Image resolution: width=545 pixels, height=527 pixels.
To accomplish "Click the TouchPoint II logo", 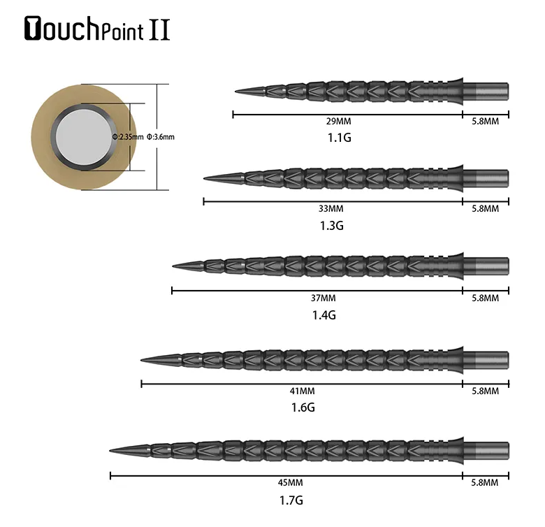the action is pos(97,29).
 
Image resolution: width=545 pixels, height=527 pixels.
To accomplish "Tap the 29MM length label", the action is pos(339,122).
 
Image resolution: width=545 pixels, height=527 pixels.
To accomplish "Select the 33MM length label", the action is pos(331,208).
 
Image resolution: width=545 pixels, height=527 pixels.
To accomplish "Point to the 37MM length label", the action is pos(324,298).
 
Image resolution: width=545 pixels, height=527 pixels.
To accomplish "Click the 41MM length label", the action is pos(303,391).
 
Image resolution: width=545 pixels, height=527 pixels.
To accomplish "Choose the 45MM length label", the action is pos(290,482).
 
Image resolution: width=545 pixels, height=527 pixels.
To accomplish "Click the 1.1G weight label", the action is pos(340,138).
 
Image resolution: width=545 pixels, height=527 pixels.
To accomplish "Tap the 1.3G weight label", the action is pos(332,226).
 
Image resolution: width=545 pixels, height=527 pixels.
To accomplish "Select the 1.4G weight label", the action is pos(324,315).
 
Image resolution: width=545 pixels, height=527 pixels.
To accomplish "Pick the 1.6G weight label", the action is pos(303,407).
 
